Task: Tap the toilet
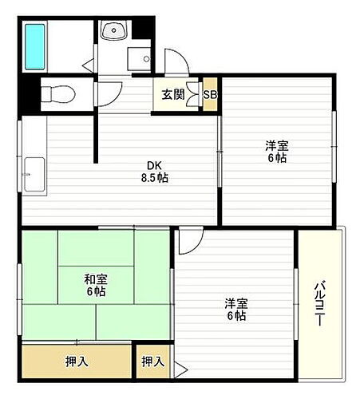[x=55, y=93]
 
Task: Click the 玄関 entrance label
[x=173, y=95]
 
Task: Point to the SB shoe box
[x=210, y=95]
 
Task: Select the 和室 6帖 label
[x=96, y=286]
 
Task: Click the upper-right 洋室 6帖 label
[x=276, y=152]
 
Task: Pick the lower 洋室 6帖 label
[x=235, y=310]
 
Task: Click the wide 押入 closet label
[x=77, y=361]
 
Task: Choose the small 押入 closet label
[x=152, y=361]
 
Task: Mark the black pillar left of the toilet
[x=29, y=95]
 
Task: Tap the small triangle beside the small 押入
[x=180, y=368]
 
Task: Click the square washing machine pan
[x=140, y=62]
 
